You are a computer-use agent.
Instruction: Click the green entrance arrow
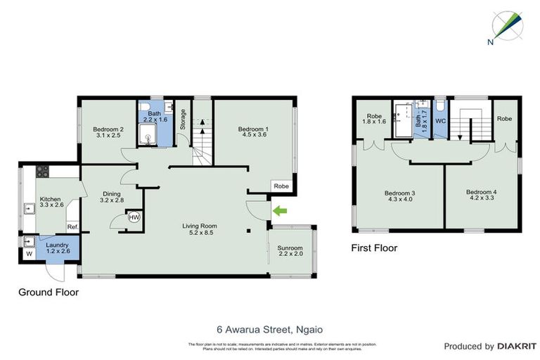click(x=281, y=209)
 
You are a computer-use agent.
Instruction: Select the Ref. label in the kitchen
click(x=72, y=227)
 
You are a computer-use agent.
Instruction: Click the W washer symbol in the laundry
click(x=30, y=255)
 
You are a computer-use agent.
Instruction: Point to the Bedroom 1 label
click(x=252, y=129)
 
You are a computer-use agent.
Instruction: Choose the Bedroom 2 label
click(x=108, y=129)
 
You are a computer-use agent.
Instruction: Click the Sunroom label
click(x=290, y=248)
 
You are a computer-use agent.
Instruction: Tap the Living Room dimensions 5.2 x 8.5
click(x=199, y=233)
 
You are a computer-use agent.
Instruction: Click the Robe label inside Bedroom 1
click(x=281, y=187)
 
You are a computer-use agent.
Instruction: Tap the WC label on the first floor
click(x=440, y=121)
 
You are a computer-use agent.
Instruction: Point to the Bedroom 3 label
click(x=399, y=193)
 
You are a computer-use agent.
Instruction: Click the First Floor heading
click(x=374, y=247)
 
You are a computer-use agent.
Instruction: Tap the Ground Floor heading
click(x=49, y=292)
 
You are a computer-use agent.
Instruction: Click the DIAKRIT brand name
click(x=517, y=346)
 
